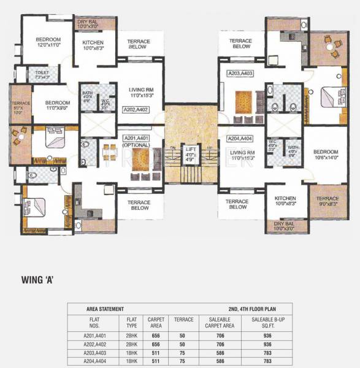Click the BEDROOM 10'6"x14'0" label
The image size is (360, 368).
tap(326, 154)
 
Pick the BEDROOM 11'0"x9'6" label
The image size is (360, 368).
tap(51, 104)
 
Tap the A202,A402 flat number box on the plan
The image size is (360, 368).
tap(137, 110)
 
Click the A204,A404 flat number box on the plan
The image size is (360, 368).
tap(240, 139)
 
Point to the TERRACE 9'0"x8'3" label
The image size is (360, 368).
tap(327, 201)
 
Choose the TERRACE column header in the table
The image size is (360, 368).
tap(183, 320)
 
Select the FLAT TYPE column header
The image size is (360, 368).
tap(131, 322)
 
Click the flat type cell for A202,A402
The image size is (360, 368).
tap(131, 345)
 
